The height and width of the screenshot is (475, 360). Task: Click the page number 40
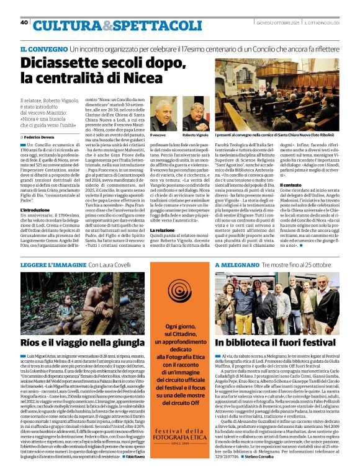[x=24, y=22]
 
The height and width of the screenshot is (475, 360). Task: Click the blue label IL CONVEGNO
[x=43, y=48]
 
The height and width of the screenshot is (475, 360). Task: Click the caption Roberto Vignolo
[x=195, y=135]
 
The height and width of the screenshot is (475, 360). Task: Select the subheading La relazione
[x=162, y=230]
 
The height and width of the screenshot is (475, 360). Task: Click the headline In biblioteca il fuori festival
[x=276, y=342]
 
